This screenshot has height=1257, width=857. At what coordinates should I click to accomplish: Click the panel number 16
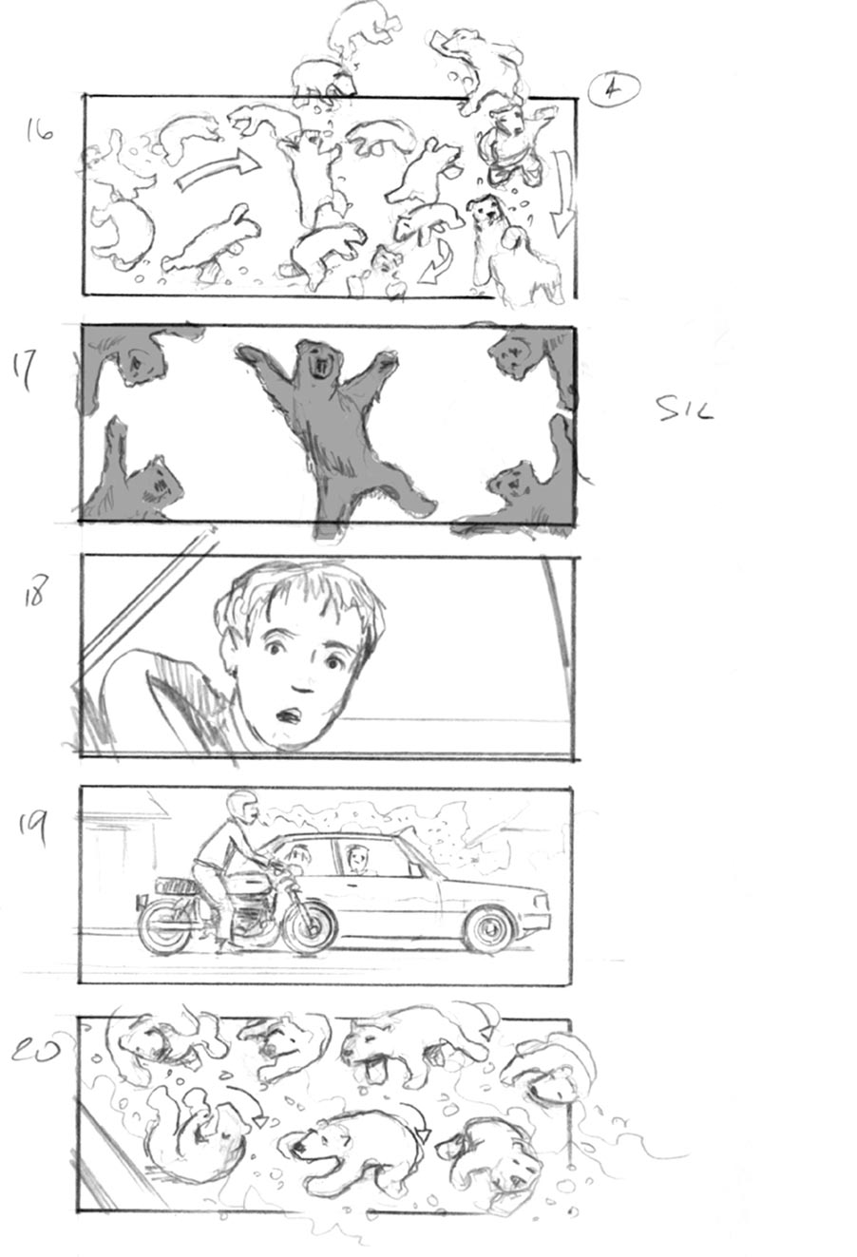(40, 131)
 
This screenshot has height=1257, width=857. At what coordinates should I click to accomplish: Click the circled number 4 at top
(614, 89)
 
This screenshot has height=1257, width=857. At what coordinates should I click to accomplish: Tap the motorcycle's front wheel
(309, 927)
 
